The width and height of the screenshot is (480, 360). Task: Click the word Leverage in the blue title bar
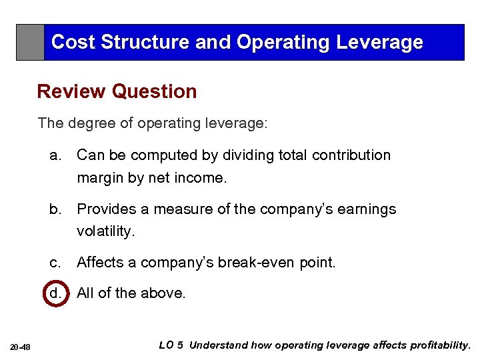tap(380, 42)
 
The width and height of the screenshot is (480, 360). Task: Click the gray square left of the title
tap(30, 42)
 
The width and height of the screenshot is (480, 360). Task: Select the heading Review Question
tap(117, 91)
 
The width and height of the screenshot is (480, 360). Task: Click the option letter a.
tap(55, 155)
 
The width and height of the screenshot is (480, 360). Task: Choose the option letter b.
tap(55, 209)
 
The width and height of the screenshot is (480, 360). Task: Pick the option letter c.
tap(55, 263)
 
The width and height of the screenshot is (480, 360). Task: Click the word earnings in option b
tap(367, 209)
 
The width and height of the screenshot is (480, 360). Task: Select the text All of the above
tap(131, 293)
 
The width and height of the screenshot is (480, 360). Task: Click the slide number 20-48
tap(20, 345)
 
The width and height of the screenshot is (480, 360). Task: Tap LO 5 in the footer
tap(171, 345)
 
